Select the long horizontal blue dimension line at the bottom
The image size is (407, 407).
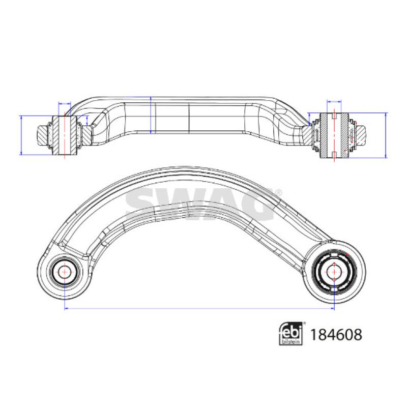click(198, 308)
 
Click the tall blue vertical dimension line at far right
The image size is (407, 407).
click(386, 135)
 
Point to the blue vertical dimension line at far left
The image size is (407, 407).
click(20, 134)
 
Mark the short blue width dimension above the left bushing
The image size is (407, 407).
click(65, 103)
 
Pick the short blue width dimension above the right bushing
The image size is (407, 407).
click(334, 101)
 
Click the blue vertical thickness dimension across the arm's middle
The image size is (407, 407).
click(151, 115)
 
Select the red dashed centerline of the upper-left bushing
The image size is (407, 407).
click(66, 135)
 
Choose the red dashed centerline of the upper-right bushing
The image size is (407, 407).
click(334, 135)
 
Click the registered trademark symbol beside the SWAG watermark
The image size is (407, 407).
click(278, 192)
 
